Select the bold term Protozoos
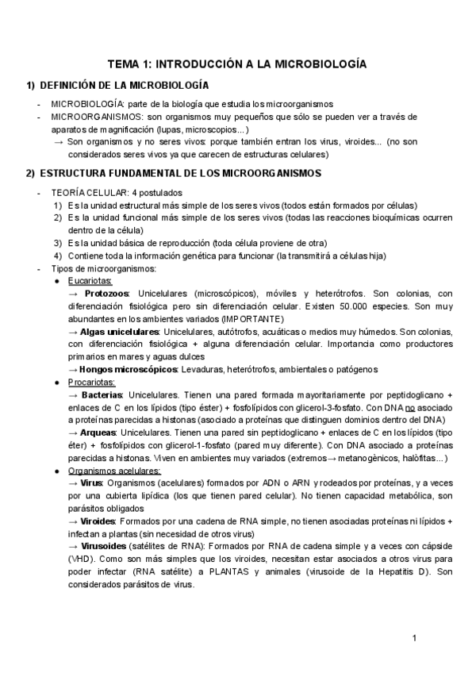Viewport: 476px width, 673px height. (106, 293)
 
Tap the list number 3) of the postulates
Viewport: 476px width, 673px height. (58, 242)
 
